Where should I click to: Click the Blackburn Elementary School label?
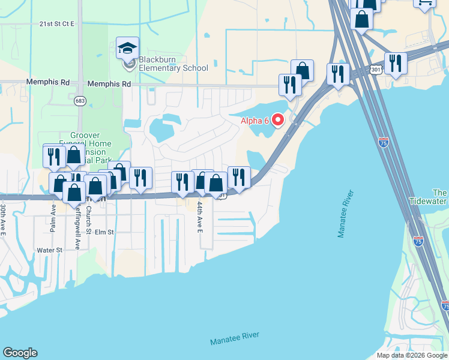click(173, 64)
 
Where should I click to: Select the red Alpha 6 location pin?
click(278, 121)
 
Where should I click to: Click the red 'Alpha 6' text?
click(255, 121)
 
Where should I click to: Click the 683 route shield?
click(80, 100)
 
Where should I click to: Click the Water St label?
click(49, 250)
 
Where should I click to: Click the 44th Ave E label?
click(200, 217)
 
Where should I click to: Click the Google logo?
click(20, 353)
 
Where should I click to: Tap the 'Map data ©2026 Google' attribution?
click(412, 355)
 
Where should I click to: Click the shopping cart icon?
click(424, 3)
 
